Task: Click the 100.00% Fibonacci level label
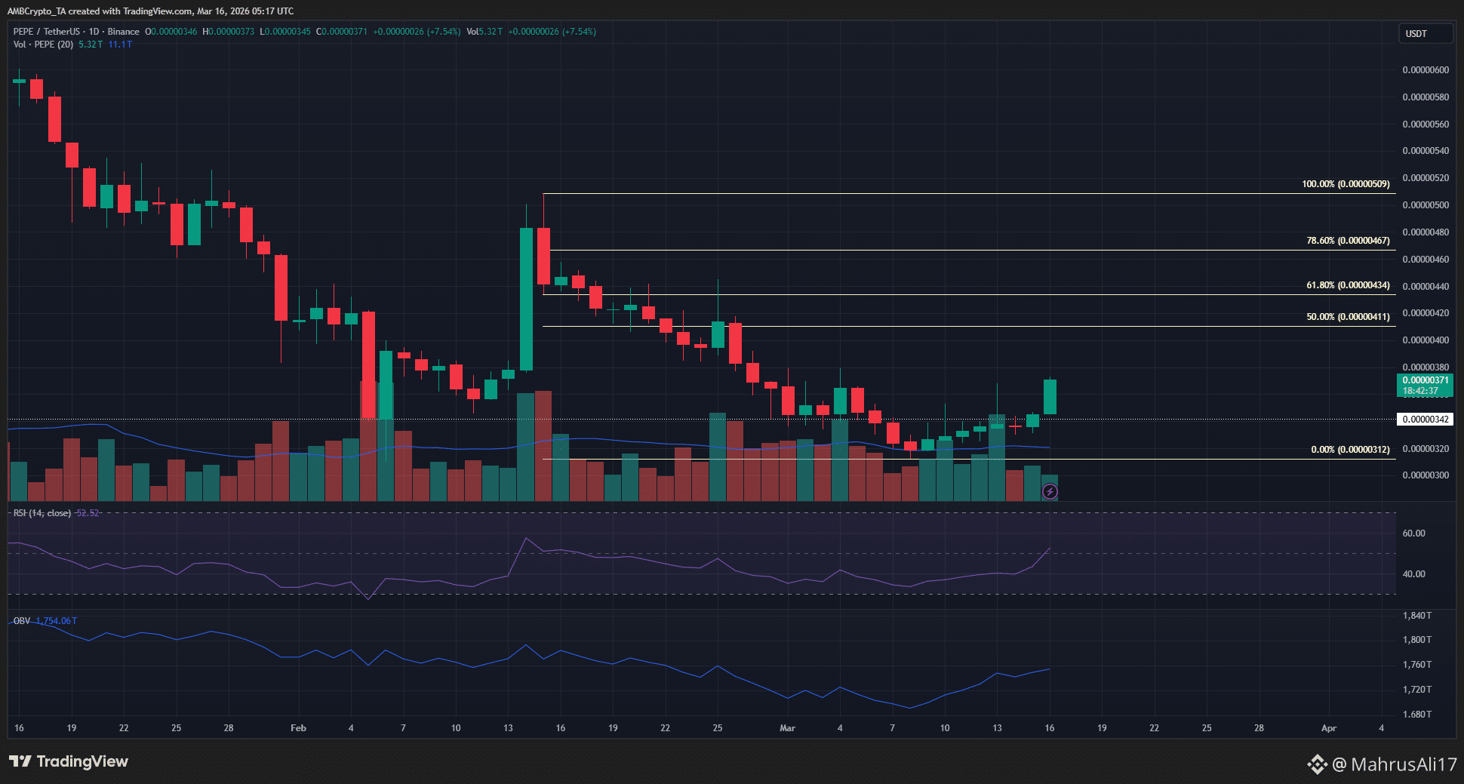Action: tap(1346, 184)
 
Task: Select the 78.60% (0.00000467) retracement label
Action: tap(1348, 241)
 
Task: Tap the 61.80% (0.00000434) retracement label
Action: tap(1348, 285)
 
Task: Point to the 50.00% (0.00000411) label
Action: tap(1348, 317)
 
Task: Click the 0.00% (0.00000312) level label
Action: tap(1350, 450)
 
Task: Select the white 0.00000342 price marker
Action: tap(1425, 420)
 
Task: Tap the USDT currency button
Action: tap(1424, 34)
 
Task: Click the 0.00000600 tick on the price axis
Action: tap(1426, 70)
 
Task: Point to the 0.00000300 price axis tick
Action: tap(1426, 475)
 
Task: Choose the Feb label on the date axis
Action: tap(298, 728)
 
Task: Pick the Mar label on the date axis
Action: tap(787, 728)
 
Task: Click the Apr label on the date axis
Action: tap(1328, 728)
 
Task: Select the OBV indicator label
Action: tap(22, 621)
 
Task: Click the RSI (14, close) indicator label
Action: tap(42, 513)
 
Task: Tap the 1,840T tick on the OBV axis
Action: tap(1416, 616)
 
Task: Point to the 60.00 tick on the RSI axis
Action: tap(1413, 533)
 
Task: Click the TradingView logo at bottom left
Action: tap(69, 761)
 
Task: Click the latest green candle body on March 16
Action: tap(1050, 397)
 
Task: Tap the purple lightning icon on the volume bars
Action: tap(1050, 492)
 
